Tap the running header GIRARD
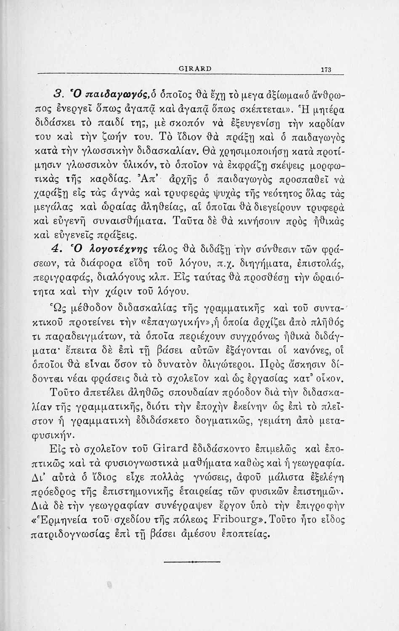pos(195,68)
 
